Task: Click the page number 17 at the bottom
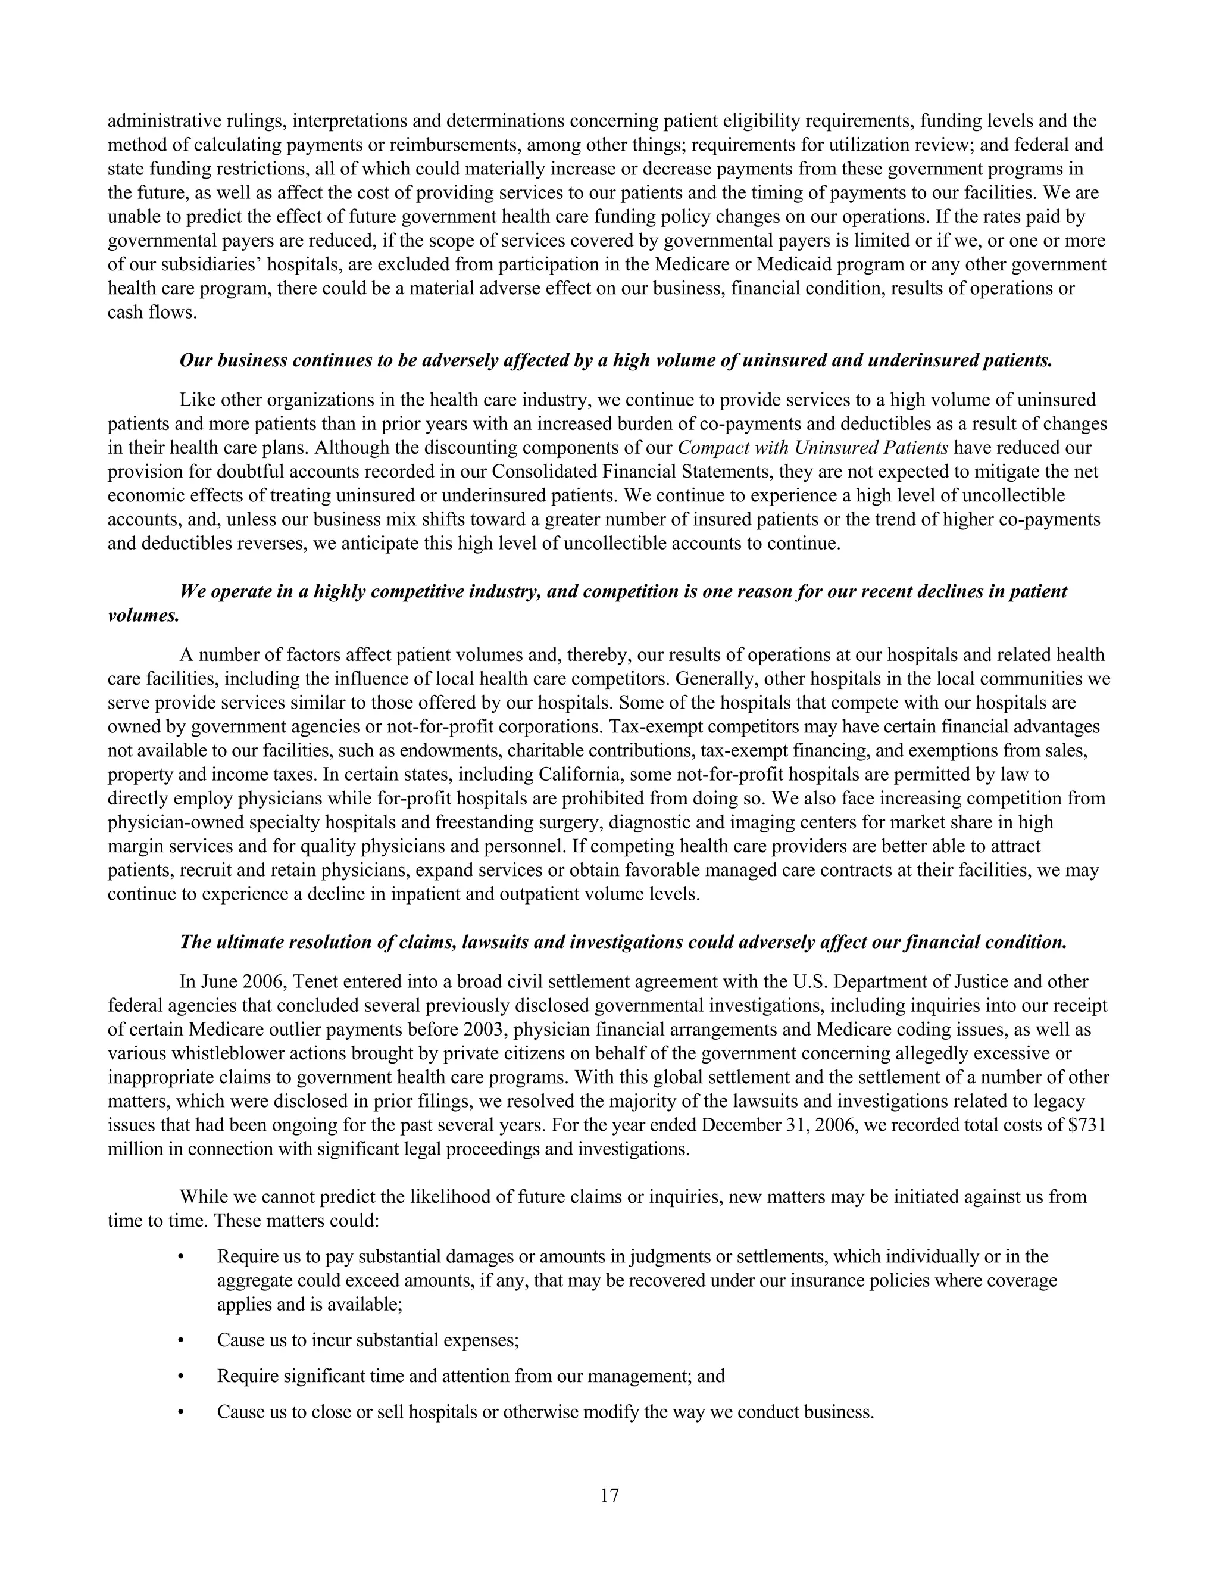tap(609, 1496)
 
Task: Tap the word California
tap(582, 775)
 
